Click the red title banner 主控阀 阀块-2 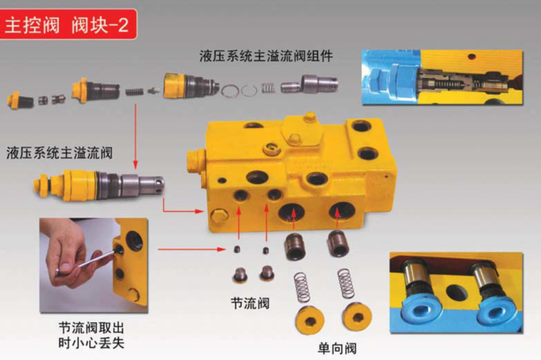68,24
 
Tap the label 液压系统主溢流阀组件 266,56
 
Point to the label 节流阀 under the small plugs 250,303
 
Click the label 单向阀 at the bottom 337,349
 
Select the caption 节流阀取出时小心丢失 92,335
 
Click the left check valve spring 301,287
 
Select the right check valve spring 346,284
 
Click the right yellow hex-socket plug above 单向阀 357,317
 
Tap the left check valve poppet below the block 294,246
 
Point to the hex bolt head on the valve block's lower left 219,216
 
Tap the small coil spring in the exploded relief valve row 134,92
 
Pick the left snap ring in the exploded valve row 230,91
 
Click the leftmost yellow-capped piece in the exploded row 20,100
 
